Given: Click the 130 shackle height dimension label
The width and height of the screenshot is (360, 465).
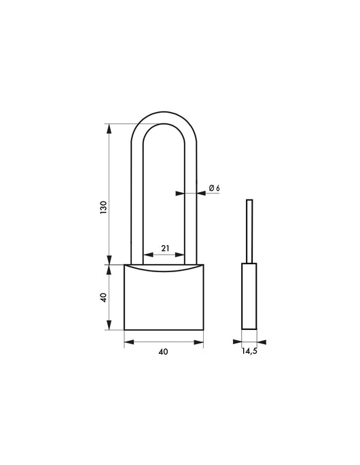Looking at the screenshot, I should pos(103,207).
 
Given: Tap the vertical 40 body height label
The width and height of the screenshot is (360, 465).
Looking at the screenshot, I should pos(103,298).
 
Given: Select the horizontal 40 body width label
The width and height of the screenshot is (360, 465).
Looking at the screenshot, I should pos(163,352).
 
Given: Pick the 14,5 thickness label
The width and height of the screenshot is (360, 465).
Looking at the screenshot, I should pos(250,352).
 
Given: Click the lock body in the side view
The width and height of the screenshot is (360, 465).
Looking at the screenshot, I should pos(250,297).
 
